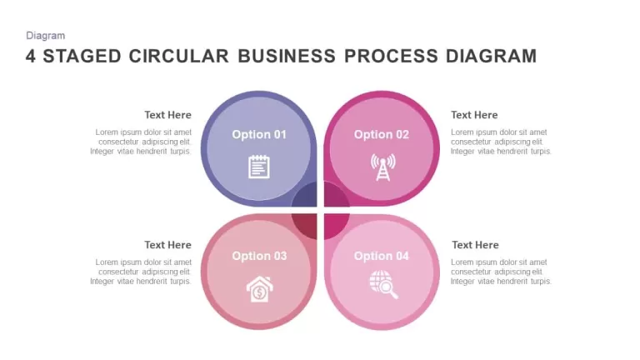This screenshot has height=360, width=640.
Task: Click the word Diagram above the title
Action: pyautogui.click(x=45, y=36)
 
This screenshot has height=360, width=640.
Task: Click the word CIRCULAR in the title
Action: pyautogui.click(x=179, y=57)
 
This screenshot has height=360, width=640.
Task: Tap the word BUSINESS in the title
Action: pyautogui.click(x=287, y=57)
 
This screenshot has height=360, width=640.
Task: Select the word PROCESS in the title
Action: pyautogui.click(x=391, y=57)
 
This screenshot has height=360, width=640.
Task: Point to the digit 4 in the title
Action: pyautogui.click(x=31, y=57)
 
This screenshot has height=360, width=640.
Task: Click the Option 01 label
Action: pyautogui.click(x=259, y=134)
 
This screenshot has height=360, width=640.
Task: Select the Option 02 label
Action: pyautogui.click(x=381, y=134)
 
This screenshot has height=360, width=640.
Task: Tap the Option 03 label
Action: pyautogui.click(x=259, y=256)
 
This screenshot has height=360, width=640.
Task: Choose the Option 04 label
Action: pyautogui.click(x=381, y=256)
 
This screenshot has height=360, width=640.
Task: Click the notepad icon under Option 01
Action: pyautogui.click(x=259, y=167)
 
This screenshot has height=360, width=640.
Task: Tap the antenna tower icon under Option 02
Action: pyautogui.click(x=382, y=167)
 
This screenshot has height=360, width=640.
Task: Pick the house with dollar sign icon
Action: pyautogui.click(x=259, y=289)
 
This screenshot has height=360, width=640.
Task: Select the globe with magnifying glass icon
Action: pyautogui.click(x=383, y=284)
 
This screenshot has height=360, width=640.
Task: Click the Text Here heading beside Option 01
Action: pyautogui.click(x=167, y=115)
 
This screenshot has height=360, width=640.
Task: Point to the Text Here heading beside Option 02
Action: pyautogui.click(x=474, y=115)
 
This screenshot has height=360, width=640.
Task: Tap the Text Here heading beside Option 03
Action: pyautogui.click(x=167, y=245)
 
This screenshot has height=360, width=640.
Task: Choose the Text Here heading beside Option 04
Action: pyautogui.click(x=475, y=245)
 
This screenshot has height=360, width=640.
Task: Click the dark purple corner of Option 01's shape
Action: pyautogui.click(x=307, y=196)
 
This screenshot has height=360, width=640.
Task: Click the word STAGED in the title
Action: pyautogui.click(x=82, y=57)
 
